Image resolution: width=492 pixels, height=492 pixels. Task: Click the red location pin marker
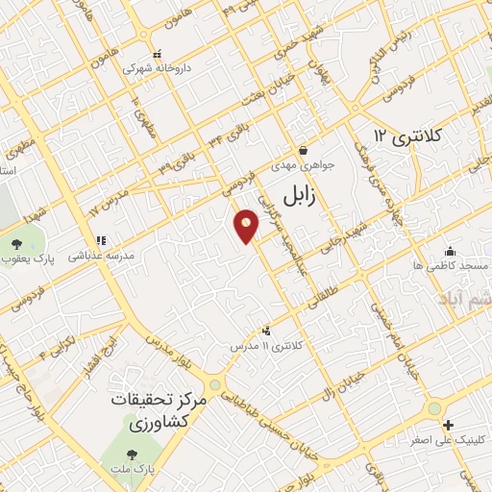pyautogui.click(x=247, y=227)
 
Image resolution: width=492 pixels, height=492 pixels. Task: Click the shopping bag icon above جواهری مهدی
pyautogui.click(x=304, y=149)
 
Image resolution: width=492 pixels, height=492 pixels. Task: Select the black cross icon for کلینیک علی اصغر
pyautogui.click(x=447, y=425)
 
